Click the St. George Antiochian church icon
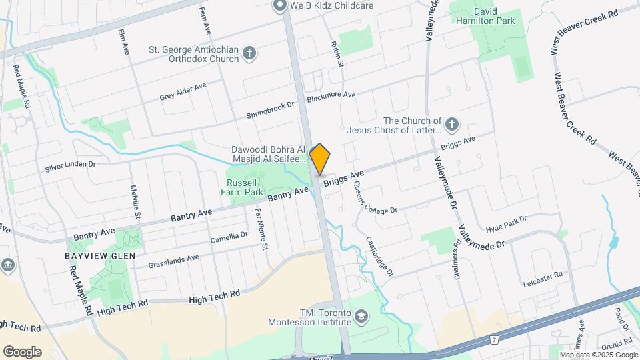[x=249, y=53]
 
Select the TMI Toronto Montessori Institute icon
[x=361, y=315]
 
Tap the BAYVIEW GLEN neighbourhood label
[x=100, y=256]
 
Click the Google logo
[x=22, y=351]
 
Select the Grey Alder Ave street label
[x=183, y=92]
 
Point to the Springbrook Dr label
[x=270, y=106]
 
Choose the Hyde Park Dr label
[x=507, y=223]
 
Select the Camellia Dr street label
[x=229, y=238]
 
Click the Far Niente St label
[x=261, y=229]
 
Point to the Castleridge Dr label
[x=379, y=257]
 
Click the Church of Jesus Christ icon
[x=452, y=125]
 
